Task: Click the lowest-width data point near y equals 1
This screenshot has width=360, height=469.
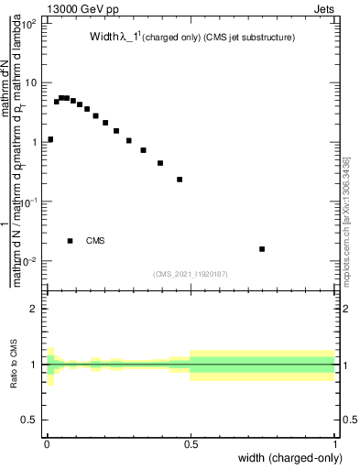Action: point(50,139)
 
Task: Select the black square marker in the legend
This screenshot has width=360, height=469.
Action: point(70,241)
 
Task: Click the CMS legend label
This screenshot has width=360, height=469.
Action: point(95,241)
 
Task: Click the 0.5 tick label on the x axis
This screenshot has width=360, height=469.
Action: point(191,443)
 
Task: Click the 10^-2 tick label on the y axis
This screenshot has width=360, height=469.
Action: point(29,261)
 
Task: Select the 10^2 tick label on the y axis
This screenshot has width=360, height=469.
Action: point(29,24)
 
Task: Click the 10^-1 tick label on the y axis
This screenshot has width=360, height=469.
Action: point(29,202)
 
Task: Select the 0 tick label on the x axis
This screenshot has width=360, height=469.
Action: point(46,443)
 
